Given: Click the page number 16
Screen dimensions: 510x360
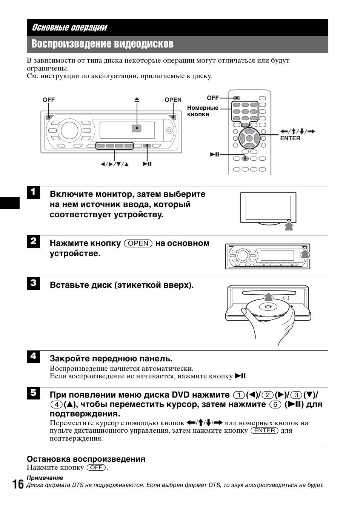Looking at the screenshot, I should (x=17, y=484).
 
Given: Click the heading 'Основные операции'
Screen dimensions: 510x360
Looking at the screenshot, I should (x=69, y=28).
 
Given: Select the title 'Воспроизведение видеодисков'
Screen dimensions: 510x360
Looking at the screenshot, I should (x=102, y=44).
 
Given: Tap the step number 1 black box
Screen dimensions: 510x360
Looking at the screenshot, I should (x=33, y=192).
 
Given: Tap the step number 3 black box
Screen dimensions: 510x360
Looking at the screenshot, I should (x=33, y=283).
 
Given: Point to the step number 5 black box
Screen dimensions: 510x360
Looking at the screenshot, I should (x=33, y=393).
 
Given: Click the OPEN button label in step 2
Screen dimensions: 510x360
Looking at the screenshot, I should (x=138, y=243).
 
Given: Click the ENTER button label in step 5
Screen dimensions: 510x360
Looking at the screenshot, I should (x=265, y=430).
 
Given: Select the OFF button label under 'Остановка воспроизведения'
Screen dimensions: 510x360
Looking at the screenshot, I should (x=96, y=467).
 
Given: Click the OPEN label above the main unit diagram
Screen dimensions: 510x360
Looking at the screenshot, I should (x=173, y=100).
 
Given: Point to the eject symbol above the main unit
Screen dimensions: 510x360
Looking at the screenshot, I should (x=137, y=100).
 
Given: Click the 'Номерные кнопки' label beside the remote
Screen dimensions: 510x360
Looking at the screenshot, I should (x=203, y=111).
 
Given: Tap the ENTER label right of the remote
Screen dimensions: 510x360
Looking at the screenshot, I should (x=290, y=138).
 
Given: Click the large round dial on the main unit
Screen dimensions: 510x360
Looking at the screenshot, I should (x=69, y=130).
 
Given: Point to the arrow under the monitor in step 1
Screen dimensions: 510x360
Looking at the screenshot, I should (x=289, y=226).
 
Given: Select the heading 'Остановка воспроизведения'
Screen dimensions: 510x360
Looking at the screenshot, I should (x=86, y=459).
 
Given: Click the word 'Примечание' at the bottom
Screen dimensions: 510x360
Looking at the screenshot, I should (x=45, y=478).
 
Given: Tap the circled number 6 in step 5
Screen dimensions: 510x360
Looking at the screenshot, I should (x=275, y=404).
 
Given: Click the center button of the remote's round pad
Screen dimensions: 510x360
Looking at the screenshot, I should (x=249, y=138).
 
